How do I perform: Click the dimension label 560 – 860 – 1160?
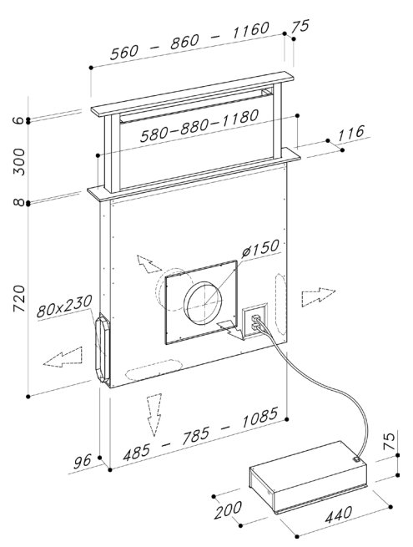point(190,41)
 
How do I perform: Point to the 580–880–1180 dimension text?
point(199,126)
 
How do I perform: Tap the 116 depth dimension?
point(351,134)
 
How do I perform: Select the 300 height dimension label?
point(19,162)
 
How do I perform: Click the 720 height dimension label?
point(19,299)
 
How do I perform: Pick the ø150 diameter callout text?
point(260,248)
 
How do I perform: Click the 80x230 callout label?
point(64,306)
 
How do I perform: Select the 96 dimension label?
point(83,462)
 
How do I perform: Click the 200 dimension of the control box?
point(228,510)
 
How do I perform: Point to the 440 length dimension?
point(339,514)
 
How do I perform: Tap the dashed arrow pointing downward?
point(154,415)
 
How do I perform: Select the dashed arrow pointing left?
point(63,357)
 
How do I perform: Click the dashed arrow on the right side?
point(318,296)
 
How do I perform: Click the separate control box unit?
point(308,477)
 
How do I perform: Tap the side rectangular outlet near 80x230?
point(102,350)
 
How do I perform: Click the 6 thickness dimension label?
point(20,120)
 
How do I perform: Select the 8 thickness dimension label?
point(20,202)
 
